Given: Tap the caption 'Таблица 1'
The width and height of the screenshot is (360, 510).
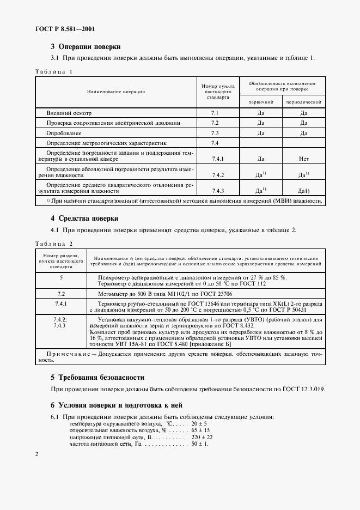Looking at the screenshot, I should coord(53,71).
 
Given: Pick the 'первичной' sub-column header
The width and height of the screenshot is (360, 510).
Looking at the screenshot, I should coord(261,102).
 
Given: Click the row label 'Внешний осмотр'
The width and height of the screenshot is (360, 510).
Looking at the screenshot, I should coord(70,113).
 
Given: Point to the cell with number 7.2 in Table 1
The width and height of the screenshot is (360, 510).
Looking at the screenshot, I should coord(215,123).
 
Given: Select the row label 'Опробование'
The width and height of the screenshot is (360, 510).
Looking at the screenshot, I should coord(65,133).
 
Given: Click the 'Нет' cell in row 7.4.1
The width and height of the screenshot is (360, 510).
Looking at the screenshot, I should coord(304,159).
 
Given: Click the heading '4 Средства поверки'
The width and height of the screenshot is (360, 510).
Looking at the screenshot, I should coord(84,218).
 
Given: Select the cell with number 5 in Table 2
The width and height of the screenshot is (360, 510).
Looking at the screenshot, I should coord(61,277).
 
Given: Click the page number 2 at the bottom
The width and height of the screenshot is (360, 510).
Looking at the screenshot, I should coord(36,453).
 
